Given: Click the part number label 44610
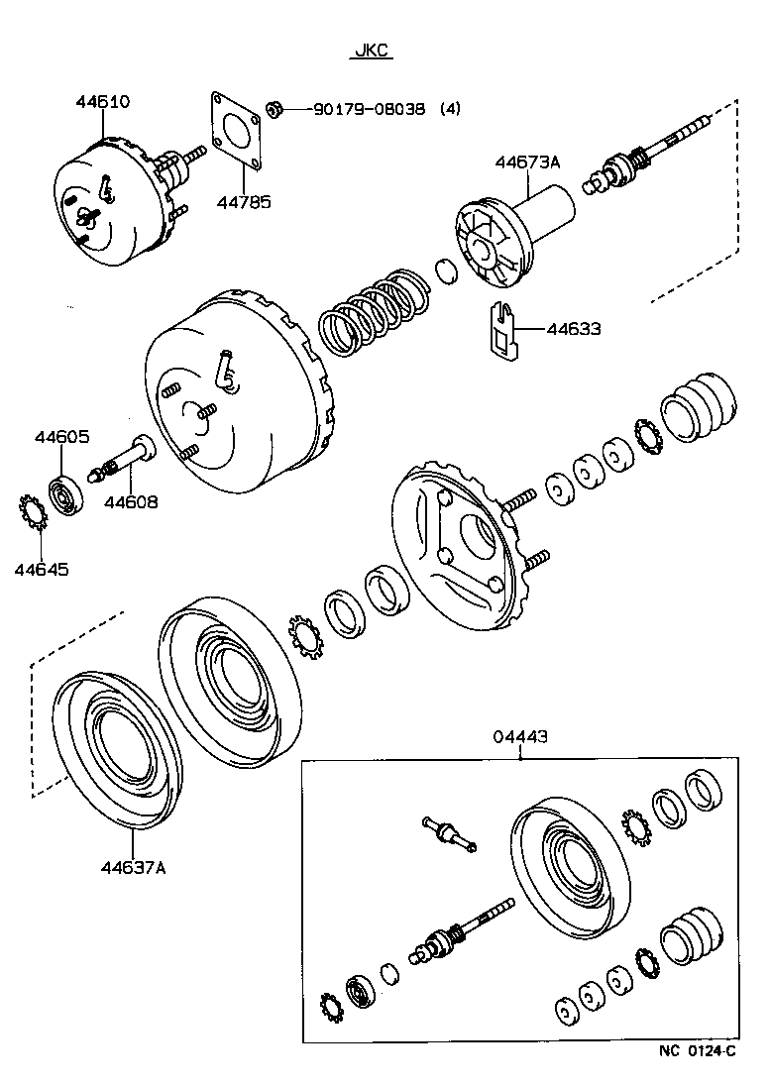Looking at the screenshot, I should [103, 102].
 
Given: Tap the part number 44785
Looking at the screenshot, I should [244, 202].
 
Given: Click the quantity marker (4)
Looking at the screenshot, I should [450, 109].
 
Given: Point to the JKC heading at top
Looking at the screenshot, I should [371, 52].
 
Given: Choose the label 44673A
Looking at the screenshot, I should [528, 162].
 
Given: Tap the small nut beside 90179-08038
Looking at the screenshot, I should [279, 108].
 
